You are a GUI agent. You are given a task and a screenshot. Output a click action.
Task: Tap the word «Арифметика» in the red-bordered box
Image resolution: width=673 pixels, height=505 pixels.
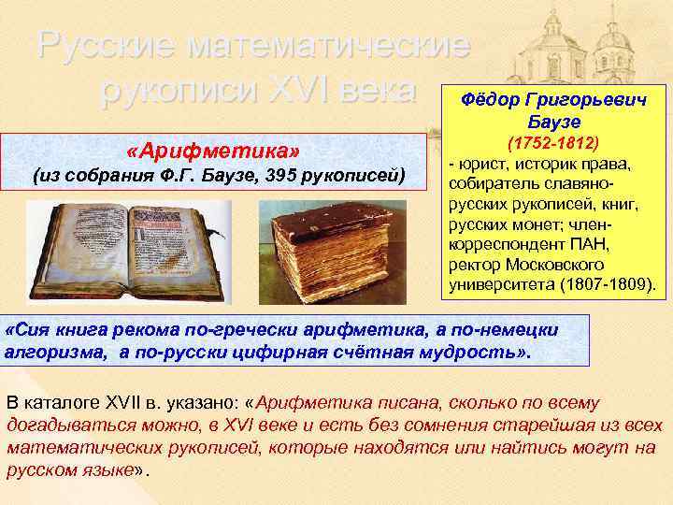point(219,151)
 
